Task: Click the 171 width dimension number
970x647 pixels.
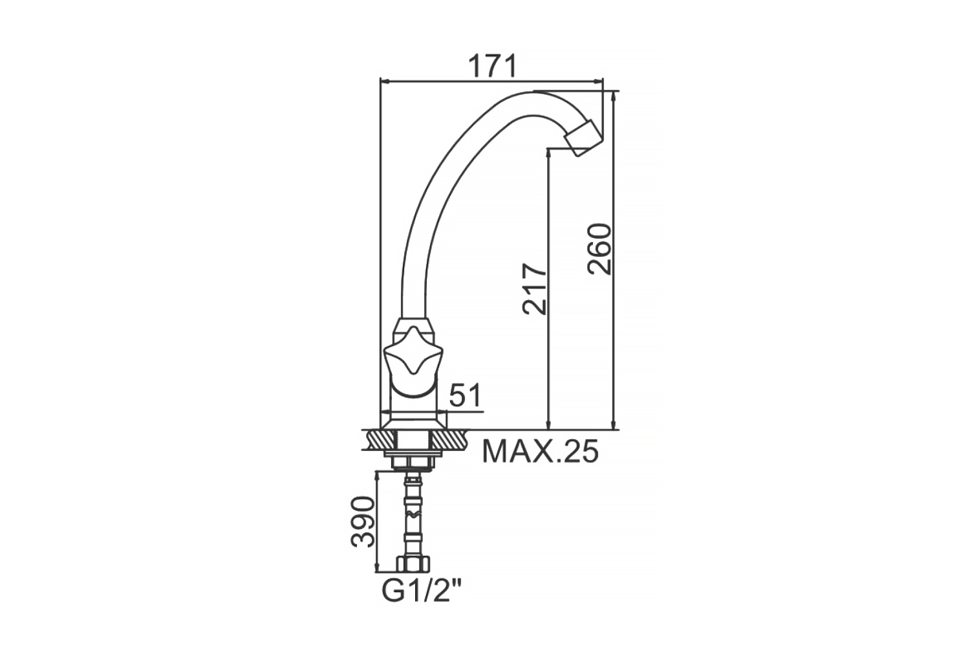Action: [x=493, y=66]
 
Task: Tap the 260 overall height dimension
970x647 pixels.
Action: [x=599, y=249]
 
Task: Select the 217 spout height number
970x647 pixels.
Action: [x=535, y=289]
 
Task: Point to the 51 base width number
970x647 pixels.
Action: [x=465, y=395]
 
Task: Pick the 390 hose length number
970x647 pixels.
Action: [x=363, y=522]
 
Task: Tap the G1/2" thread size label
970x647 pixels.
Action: [x=422, y=591]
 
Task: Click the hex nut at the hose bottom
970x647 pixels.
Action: [x=414, y=564]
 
